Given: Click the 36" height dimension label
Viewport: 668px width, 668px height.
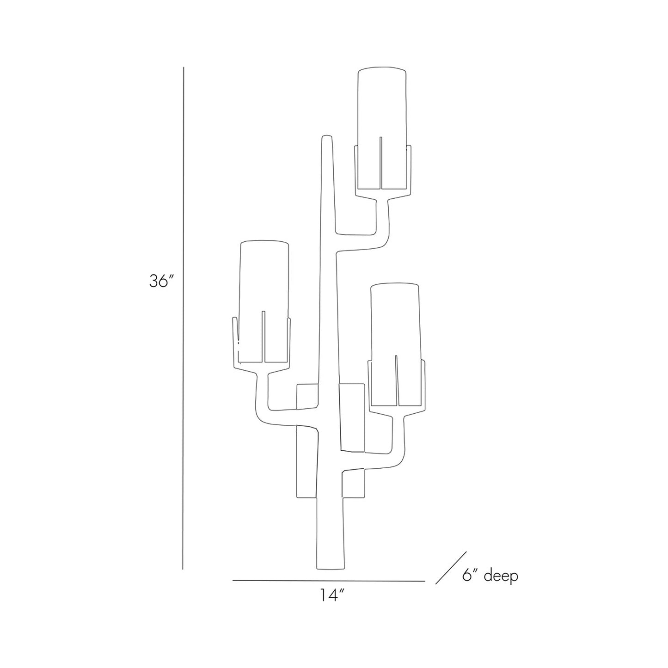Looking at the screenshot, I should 161,281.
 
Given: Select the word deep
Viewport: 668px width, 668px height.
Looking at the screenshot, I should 501,576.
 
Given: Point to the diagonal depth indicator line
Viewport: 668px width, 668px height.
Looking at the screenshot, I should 451,568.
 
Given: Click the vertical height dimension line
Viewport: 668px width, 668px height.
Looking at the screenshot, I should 184,319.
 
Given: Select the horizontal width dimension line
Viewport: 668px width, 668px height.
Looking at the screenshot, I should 328,580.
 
